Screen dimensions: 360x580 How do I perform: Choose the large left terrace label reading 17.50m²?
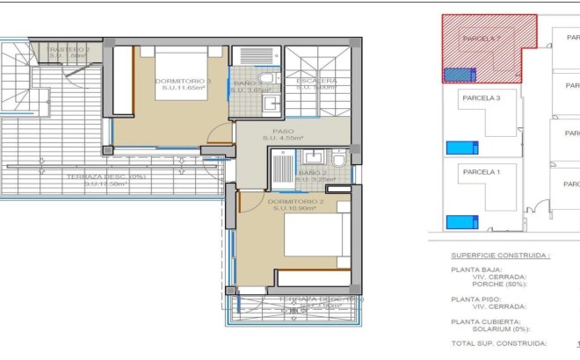click(105, 180)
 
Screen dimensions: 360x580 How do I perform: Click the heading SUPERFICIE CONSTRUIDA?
click(500, 256)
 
